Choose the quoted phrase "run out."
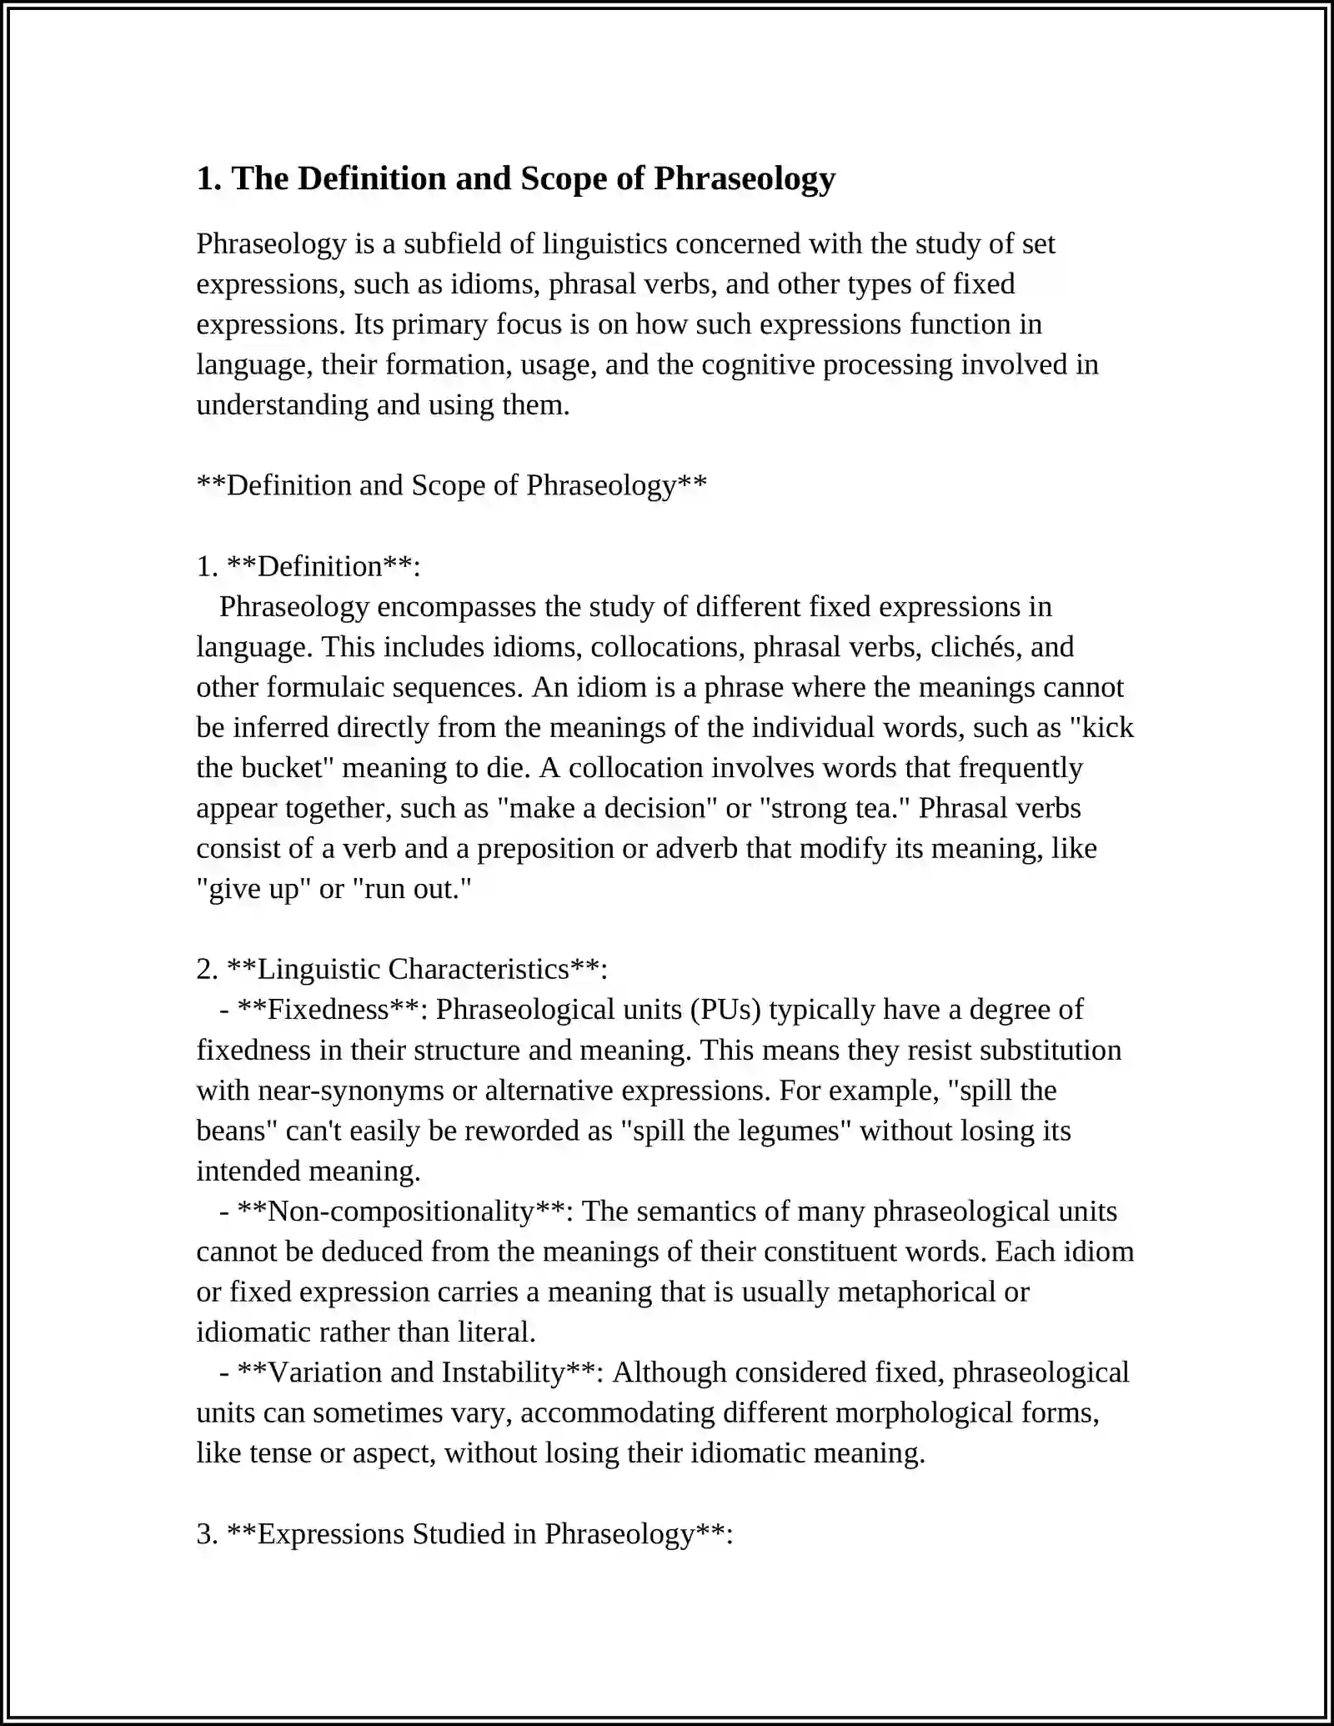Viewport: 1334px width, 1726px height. [412, 889]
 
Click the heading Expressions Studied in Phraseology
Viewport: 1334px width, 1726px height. [476, 1533]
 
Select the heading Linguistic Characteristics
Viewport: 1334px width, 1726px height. [414, 969]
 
